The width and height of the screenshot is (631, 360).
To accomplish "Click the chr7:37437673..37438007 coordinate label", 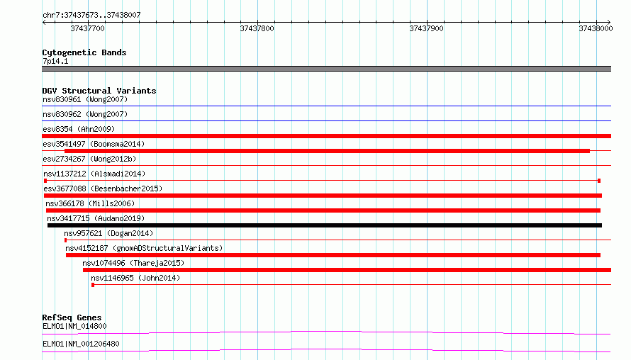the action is [x=91, y=16].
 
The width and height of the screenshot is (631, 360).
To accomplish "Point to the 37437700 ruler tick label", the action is [x=87, y=28].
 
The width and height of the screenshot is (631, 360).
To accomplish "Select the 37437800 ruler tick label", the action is [x=257, y=28].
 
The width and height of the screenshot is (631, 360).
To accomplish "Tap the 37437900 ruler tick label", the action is [x=426, y=28].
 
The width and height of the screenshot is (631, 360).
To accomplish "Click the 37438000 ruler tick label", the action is [x=596, y=28].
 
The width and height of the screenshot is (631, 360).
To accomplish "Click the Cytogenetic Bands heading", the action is [x=84, y=52].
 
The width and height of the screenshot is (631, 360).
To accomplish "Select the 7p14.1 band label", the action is [x=55, y=62].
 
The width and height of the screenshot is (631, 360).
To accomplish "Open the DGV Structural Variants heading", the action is [x=99, y=91].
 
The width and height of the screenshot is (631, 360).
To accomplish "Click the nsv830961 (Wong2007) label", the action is [x=85, y=99].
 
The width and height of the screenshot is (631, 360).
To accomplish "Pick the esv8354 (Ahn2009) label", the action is [x=79, y=129].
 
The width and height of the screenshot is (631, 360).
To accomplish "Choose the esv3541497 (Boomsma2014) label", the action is [x=94, y=144].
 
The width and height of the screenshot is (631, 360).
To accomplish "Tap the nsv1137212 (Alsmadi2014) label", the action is [x=94, y=174].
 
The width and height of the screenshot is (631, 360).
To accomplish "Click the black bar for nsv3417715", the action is [x=324, y=225].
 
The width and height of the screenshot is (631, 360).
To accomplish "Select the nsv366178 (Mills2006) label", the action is [x=90, y=203].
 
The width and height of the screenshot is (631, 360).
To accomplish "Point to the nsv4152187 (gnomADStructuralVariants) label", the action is [x=144, y=248].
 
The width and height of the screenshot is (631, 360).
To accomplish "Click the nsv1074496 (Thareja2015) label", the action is [x=133, y=263].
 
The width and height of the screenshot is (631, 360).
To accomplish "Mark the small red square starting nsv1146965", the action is [x=93, y=285].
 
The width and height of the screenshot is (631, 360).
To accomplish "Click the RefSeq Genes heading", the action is [x=72, y=317].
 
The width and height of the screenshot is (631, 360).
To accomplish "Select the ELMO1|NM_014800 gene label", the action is [x=74, y=326].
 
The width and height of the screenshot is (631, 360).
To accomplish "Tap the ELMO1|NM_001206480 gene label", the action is [x=81, y=344].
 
